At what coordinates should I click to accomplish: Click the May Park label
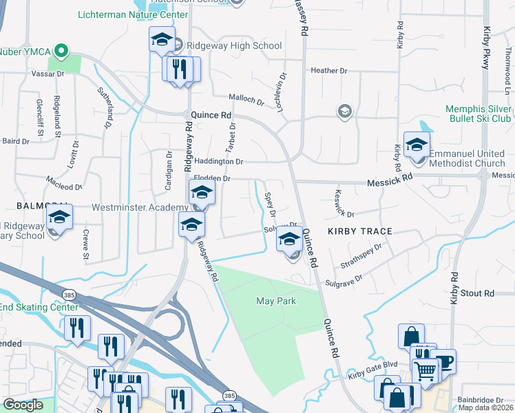[x=275, y=301]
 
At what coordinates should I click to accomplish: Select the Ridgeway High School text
[x=233, y=46]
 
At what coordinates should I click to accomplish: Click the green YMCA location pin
[x=61, y=50]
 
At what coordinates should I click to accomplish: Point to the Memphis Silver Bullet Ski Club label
[x=479, y=114]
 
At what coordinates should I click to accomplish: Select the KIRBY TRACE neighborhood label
[x=359, y=231]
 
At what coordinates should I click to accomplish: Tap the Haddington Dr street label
[x=219, y=162]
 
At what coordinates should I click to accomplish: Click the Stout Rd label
[x=479, y=294]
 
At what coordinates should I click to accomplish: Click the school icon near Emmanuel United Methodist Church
[x=417, y=147]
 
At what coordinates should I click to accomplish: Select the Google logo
[x=23, y=405]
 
